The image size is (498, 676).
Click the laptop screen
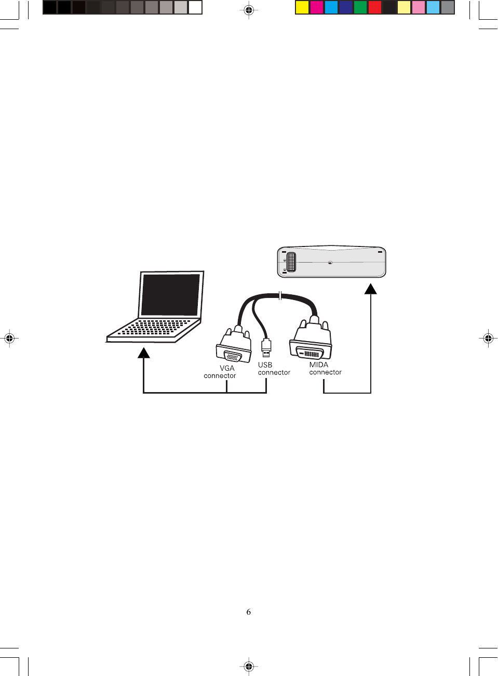[170, 294]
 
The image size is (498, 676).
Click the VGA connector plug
[233, 347]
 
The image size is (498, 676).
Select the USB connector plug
[266, 347]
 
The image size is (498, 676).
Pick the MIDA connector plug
[311, 343]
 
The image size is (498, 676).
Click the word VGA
[227, 368]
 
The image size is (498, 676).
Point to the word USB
[265, 365]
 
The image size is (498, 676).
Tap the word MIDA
[319, 365]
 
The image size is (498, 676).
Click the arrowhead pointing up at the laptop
[144, 353]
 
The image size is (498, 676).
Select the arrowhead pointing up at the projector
[371, 289]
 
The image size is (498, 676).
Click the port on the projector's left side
[291, 262]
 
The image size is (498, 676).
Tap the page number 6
[249, 612]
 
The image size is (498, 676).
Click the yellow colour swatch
[302, 7]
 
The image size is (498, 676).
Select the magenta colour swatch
[317, 7]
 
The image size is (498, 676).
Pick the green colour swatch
[360, 7]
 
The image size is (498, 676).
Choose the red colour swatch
[375, 7]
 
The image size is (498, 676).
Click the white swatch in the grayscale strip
[195, 7]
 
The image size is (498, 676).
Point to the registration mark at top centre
[249, 10]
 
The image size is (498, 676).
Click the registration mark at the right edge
[488, 339]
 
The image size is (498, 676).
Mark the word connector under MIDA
[326, 372]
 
